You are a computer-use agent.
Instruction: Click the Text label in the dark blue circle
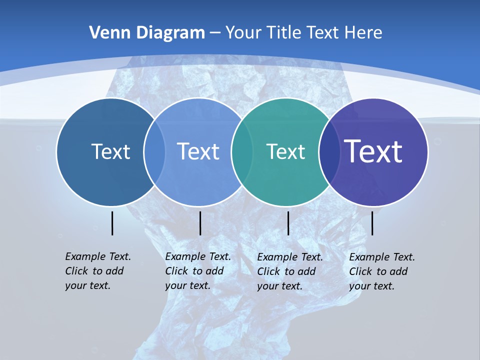click(x=110, y=151)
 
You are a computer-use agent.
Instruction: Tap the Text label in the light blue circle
click(x=198, y=151)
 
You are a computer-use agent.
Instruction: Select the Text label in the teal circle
click(x=285, y=151)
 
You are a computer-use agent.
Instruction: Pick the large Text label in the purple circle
click(x=373, y=151)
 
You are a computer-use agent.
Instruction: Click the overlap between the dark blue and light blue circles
click(x=154, y=151)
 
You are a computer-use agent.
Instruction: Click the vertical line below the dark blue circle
click(x=112, y=223)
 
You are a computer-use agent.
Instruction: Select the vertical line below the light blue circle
click(x=200, y=223)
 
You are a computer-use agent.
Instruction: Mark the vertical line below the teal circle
click(x=288, y=223)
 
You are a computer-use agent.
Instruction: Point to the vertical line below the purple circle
click(x=372, y=223)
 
